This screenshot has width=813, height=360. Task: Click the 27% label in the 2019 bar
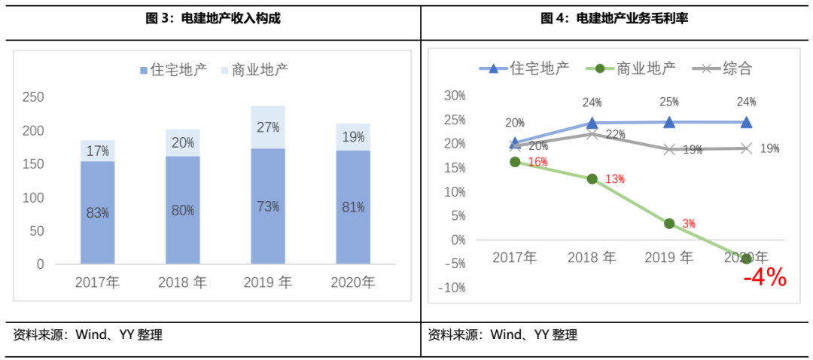point(268,127)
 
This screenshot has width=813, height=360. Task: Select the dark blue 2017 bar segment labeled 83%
point(98,212)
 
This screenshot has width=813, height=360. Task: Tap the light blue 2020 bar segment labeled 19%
point(353,136)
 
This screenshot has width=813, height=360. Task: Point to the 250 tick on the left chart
point(33,97)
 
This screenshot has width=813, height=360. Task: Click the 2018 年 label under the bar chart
point(182,283)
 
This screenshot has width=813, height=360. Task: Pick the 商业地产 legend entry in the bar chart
point(255,70)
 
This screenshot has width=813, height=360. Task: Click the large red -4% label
point(764,278)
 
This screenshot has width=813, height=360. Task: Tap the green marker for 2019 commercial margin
point(669,223)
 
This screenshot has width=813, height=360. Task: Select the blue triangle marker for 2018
point(592,123)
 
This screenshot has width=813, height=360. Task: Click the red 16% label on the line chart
point(537,162)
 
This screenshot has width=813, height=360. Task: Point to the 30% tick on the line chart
point(455,96)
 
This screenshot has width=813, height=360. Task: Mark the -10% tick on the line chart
point(453,288)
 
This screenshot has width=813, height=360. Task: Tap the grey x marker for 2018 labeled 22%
point(592,134)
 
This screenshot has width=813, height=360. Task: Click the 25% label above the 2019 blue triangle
point(670,102)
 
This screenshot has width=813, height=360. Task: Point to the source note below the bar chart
point(87,335)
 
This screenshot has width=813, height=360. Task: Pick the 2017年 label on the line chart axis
point(515,258)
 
